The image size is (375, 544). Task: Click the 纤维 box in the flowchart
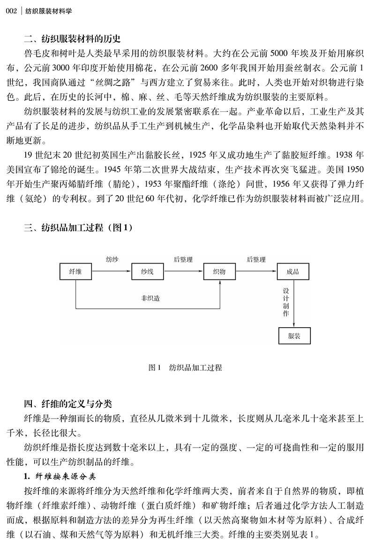click(x=75, y=272)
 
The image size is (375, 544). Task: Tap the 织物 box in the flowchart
click(x=219, y=272)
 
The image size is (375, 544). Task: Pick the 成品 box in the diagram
click(x=293, y=272)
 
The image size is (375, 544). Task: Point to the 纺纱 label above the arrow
click(x=112, y=259)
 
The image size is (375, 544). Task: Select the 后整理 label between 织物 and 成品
click(x=256, y=259)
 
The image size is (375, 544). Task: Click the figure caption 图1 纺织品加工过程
click(x=184, y=368)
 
